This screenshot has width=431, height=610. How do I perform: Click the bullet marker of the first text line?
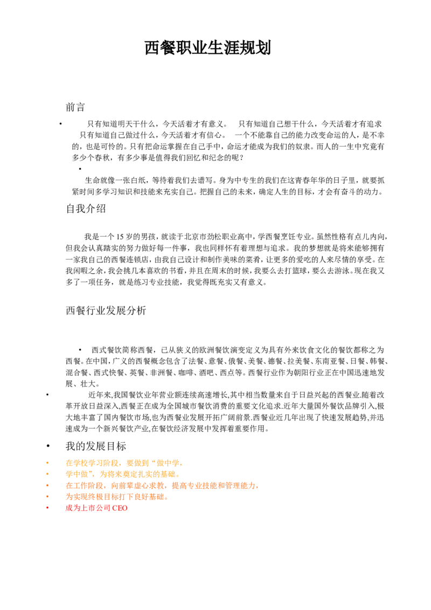47,463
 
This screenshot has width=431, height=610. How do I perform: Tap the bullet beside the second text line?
47,474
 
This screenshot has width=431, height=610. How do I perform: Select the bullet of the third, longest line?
47,486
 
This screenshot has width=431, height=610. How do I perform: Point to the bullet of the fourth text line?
47,496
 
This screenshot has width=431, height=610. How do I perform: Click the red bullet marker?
47,508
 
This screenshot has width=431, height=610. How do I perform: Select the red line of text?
96,508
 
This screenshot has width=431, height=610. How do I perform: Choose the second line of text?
121,474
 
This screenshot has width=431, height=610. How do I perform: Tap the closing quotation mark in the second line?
94,473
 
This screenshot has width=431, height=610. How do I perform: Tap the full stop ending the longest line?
257,488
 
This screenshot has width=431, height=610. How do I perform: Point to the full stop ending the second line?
176,476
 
